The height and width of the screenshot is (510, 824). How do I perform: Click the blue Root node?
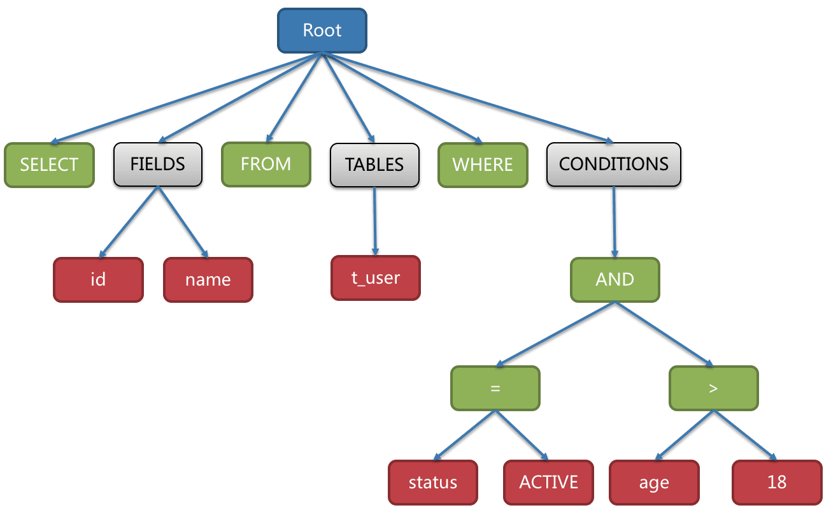pos(322,31)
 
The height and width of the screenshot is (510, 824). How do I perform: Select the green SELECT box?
pos(49,165)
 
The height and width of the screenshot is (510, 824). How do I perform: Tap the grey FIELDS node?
pos(158,164)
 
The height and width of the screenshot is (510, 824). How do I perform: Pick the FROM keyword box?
pos(266,164)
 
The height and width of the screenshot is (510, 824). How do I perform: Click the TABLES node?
pos(374,165)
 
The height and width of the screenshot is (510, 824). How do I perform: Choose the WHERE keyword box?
pos(483,165)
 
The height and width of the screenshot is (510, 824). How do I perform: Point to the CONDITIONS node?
pos(614,164)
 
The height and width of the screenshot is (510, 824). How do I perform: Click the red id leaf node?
pos(98,280)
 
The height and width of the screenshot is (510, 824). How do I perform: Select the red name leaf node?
pos(208,280)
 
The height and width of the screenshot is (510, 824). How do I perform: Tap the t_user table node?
pos(376,278)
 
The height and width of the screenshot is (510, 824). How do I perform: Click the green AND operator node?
pos(615,280)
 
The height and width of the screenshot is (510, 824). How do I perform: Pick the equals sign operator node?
pos(495,388)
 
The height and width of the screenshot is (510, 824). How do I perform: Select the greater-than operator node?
pos(714,388)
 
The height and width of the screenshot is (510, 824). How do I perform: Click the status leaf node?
pos(433,483)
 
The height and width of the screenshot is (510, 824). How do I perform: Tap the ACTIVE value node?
pos(548,483)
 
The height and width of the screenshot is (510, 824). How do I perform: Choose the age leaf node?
pos(654,483)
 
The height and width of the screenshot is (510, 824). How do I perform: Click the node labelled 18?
pos(777,483)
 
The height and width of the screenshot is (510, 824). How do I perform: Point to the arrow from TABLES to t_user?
pos(375,221)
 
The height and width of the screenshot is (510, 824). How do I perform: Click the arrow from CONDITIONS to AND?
pos(614,222)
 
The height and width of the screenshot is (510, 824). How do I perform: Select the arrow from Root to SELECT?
pos(186,98)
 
